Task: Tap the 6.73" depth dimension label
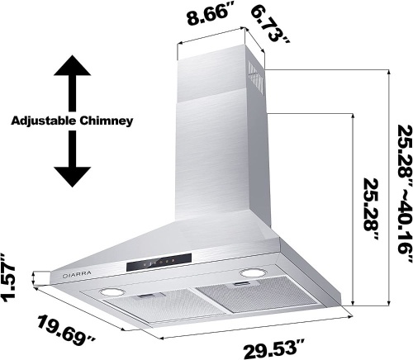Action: coord(270,26)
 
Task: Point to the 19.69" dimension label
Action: coord(66,330)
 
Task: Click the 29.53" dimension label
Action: coord(273,348)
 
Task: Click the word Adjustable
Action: coord(44,121)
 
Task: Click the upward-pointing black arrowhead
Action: coord(72,65)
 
